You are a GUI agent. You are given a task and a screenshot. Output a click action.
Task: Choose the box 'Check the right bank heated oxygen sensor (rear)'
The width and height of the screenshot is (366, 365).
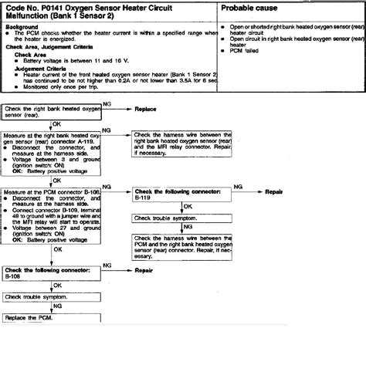coord(52,113)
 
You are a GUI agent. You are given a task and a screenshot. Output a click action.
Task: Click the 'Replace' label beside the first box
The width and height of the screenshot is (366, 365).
coord(145,110)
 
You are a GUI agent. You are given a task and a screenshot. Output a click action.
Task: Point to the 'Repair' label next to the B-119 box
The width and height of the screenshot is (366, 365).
coord(276,191)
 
